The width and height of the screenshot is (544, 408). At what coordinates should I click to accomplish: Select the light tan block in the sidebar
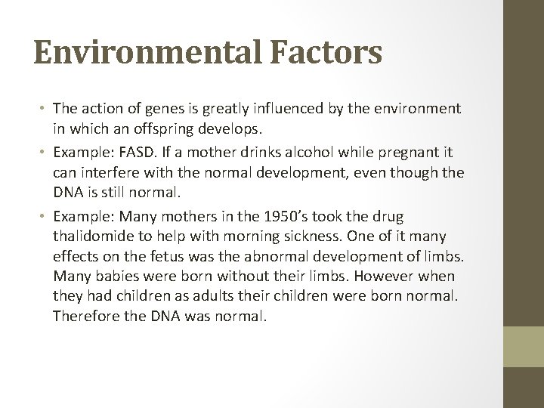[524, 347]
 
